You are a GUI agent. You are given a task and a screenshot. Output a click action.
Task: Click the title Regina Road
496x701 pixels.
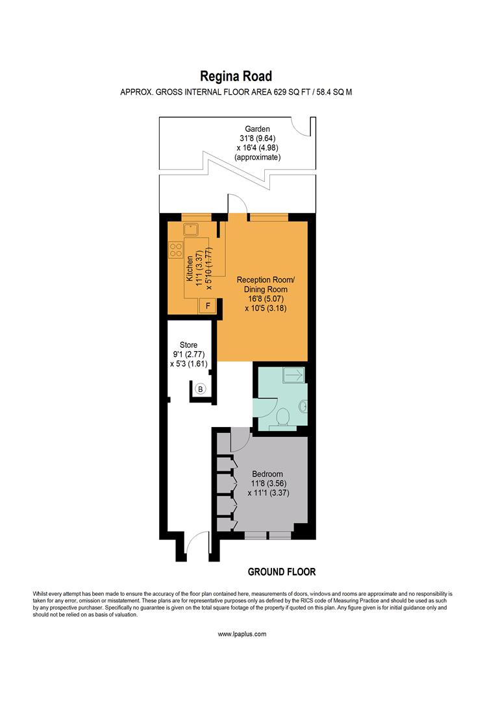(236, 77)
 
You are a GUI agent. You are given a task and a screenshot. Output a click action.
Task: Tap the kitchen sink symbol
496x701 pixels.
(192, 228)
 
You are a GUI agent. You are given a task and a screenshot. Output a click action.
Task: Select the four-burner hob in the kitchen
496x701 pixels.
(176, 250)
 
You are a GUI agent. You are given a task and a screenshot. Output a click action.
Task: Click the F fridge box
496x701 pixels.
(208, 306)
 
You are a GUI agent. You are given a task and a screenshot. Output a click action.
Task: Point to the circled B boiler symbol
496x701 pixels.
(201, 389)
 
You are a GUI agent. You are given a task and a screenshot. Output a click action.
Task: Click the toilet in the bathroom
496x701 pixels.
(282, 417)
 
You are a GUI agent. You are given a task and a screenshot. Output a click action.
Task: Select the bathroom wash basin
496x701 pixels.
(303, 407)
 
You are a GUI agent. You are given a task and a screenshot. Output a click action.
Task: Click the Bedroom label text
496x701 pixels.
(268, 474)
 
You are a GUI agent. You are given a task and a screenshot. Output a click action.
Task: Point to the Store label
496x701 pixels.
(188, 345)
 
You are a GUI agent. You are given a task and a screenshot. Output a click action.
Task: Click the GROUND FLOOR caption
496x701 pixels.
(282, 572)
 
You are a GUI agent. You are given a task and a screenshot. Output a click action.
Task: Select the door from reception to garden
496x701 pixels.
(236, 203)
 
